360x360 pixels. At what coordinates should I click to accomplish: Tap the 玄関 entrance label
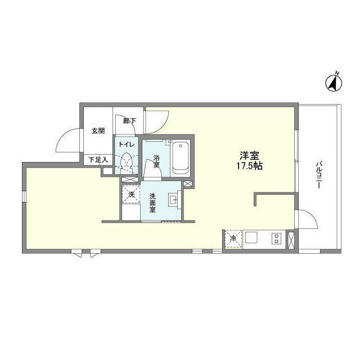click(x=98, y=131)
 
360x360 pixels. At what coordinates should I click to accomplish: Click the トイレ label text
click(x=127, y=145)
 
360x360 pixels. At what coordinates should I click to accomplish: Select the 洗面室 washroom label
click(x=152, y=202)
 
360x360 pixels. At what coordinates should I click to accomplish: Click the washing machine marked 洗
click(x=130, y=195)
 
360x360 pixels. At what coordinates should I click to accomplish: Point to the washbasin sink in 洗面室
click(x=174, y=199)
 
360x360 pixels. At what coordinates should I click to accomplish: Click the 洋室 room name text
click(x=250, y=156)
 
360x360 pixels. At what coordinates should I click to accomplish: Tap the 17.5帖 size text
click(x=250, y=166)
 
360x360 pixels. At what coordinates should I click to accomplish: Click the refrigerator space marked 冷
click(x=233, y=238)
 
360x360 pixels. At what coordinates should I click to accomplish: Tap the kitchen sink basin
click(x=251, y=238)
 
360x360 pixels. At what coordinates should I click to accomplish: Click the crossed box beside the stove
click(x=291, y=238)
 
